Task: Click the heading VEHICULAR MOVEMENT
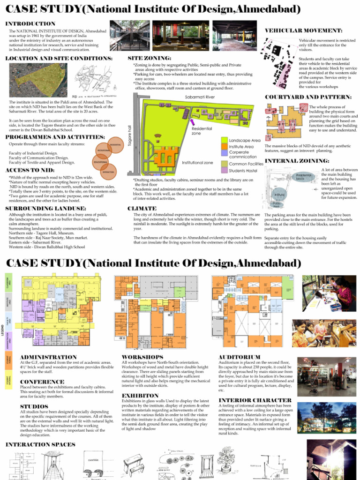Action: click(x=303, y=30)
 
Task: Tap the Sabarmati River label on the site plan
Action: click(x=200, y=97)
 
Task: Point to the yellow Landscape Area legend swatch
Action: click(x=224, y=140)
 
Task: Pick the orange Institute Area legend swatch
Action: click(x=224, y=146)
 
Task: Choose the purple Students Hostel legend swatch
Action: click(x=224, y=171)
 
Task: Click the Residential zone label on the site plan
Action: click(x=202, y=130)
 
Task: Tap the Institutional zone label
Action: click(x=197, y=163)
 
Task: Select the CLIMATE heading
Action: click(x=142, y=208)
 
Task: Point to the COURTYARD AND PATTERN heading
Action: click(x=308, y=97)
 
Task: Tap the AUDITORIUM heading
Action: click(x=240, y=357)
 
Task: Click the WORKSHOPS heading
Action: click(x=142, y=357)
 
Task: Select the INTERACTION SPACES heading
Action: click(x=40, y=444)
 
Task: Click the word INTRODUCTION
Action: click(x=30, y=23)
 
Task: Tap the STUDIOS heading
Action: click(x=34, y=406)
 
